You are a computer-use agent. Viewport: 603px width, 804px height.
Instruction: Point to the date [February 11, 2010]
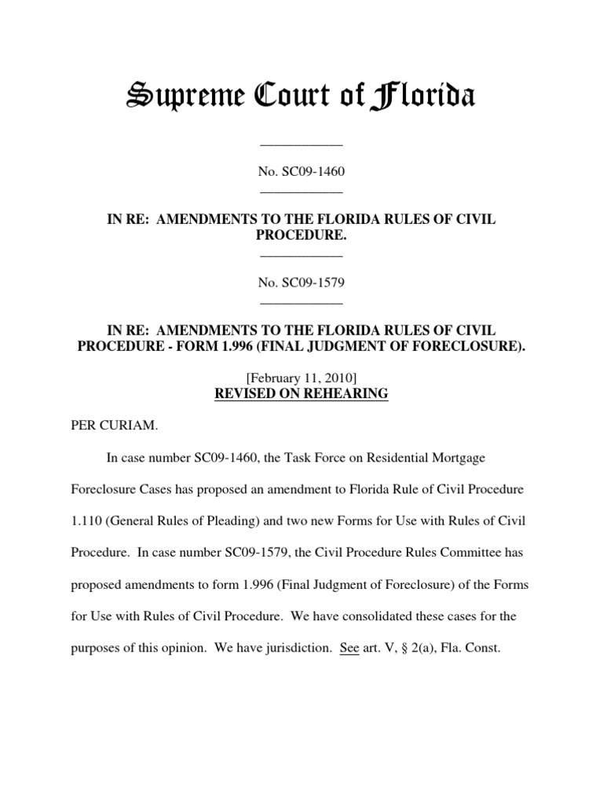coord(301,378)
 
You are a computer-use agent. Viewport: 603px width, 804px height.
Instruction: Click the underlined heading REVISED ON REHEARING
coord(301,394)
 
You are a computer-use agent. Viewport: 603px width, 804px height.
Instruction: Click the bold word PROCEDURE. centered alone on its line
coord(301,236)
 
